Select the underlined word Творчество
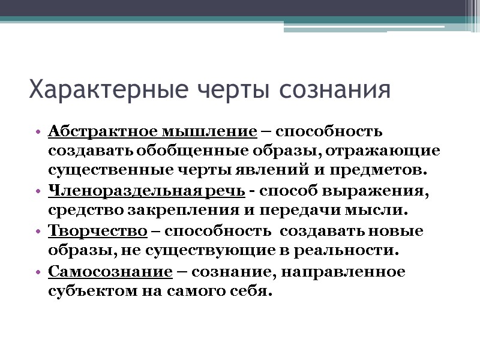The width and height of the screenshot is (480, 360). [x=97, y=231]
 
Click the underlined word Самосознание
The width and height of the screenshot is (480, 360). [x=110, y=271]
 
